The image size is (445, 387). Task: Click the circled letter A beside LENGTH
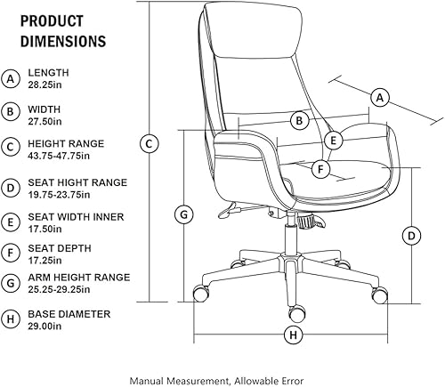point(12,79)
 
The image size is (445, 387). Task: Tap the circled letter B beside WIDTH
point(12,111)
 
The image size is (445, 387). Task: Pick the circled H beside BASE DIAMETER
point(12,318)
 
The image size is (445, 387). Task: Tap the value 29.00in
point(45,327)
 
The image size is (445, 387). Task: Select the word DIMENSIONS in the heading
point(62,41)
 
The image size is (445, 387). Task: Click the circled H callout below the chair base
point(293,335)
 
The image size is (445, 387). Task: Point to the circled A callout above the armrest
point(380,96)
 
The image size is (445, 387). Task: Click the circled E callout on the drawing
point(333,140)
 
